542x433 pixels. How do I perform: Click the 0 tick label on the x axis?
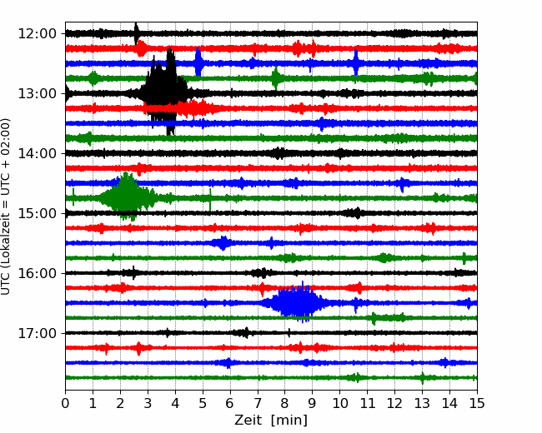[66, 404]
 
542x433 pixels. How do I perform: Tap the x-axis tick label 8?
[285, 404]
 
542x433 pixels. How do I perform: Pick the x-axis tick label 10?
[339, 404]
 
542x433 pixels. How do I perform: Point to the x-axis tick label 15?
[476, 404]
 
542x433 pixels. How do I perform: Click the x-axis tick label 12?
[394, 404]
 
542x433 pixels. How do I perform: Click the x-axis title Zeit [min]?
[270, 421]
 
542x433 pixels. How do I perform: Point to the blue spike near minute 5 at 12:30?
[198, 62]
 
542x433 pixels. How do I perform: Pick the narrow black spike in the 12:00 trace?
[137, 33]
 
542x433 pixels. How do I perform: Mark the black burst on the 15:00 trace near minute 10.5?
[355, 213]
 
